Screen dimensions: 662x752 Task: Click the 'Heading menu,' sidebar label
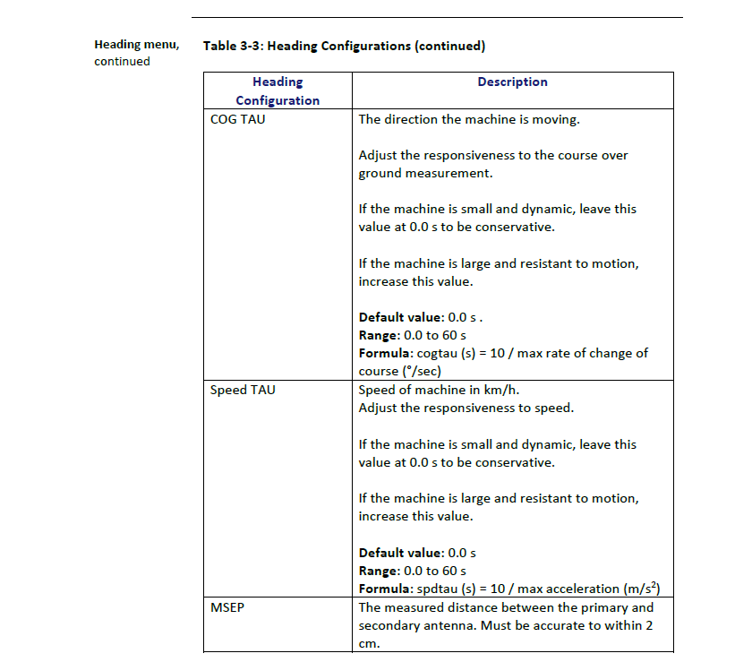[x=136, y=45]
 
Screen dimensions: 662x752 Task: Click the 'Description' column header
[x=512, y=82]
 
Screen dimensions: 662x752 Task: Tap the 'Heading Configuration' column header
[x=278, y=91]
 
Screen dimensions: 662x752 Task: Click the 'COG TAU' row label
[x=237, y=119]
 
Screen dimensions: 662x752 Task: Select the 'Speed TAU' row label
[x=243, y=391]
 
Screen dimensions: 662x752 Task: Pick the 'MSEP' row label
[x=226, y=607]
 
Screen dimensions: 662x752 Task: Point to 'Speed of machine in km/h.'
[x=439, y=391]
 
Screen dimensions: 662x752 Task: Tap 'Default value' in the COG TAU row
[x=400, y=318]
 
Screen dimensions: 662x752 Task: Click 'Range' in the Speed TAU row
[x=378, y=571]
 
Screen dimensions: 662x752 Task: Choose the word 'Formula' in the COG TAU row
[x=386, y=354]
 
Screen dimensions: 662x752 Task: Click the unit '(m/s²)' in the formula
[x=651, y=589]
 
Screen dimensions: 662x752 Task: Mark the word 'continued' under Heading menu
[x=122, y=62]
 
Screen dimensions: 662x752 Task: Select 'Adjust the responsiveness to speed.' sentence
[x=466, y=408]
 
